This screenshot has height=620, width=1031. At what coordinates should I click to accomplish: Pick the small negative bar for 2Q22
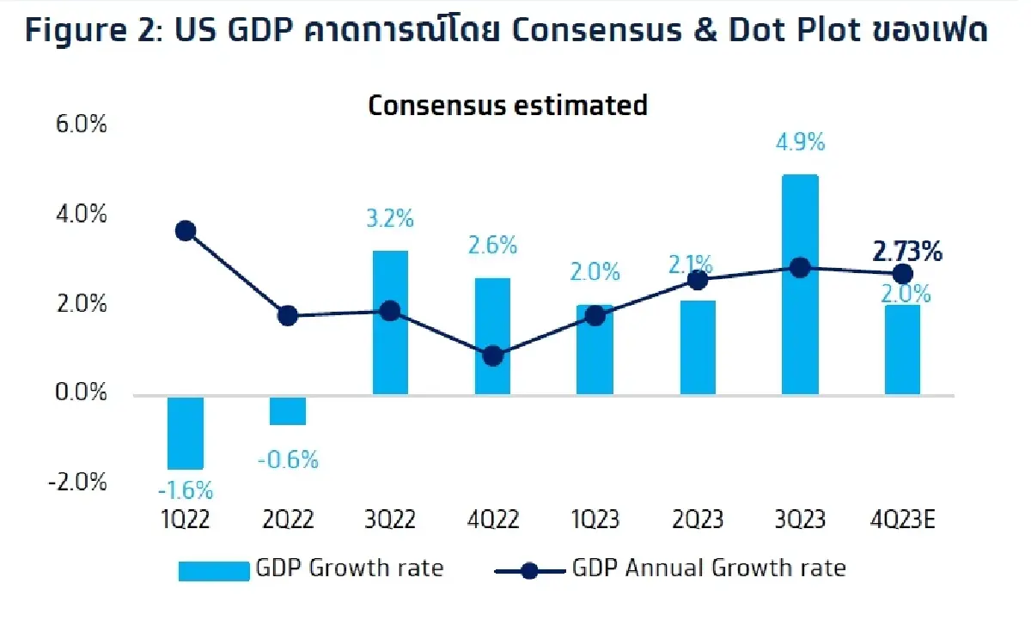(x=288, y=410)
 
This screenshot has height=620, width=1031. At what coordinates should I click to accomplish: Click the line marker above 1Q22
(x=185, y=230)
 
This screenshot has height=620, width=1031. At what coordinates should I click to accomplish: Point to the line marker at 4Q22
(x=492, y=356)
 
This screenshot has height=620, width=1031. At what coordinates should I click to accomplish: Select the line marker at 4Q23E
(x=902, y=274)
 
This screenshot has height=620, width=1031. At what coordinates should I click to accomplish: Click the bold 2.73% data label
(x=906, y=252)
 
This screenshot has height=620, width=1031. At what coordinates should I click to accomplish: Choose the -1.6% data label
(x=185, y=491)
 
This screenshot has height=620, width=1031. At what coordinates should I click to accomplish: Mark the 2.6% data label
(x=492, y=246)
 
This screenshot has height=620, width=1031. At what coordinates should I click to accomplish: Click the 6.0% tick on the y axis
(x=80, y=125)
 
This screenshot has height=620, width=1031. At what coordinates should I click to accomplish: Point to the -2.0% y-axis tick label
(x=77, y=482)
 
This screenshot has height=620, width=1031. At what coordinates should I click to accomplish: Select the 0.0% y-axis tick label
(x=80, y=393)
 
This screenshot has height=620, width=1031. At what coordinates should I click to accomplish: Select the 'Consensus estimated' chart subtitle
(x=507, y=105)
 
